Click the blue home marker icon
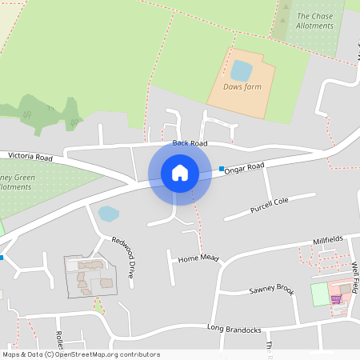click(x=179, y=172)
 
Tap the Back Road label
click(x=190, y=143)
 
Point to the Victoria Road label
click(x=30, y=156)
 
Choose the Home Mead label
click(x=198, y=259)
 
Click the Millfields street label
click(x=328, y=239)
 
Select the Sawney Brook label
click(x=271, y=290)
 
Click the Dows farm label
click(x=242, y=86)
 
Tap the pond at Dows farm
click(x=241, y=70)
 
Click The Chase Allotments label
click(x=314, y=21)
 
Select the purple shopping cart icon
click(x=336, y=298)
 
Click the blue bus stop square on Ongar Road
click(x=222, y=168)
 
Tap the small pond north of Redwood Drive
click(x=107, y=214)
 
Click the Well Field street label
click(x=354, y=276)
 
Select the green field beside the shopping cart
click(x=319, y=294)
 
